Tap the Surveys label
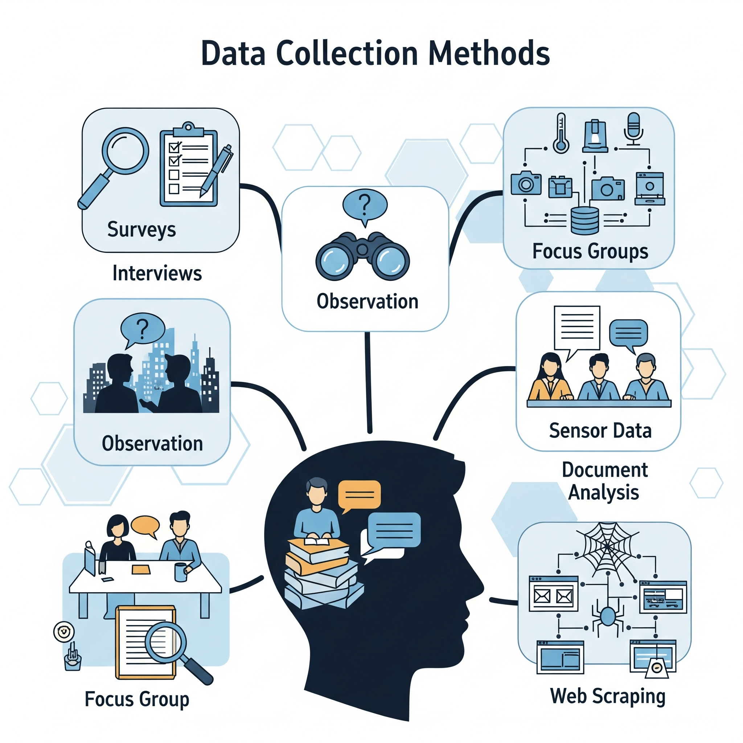pyautogui.click(x=141, y=230)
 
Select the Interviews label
pyautogui.click(x=157, y=274)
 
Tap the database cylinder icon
pyautogui.click(x=584, y=220)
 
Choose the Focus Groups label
pyautogui.click(x=590, y=251)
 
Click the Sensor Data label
pyautogui.click(x=600, y=430)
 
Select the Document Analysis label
pyautogui.click(x=604, y=481)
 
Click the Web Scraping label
pyautogui.click(x=608, y=696)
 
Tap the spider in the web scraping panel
pyautogui.click(x=608, y=616)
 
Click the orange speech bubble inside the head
pyautogui.click(x=359, y=495)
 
